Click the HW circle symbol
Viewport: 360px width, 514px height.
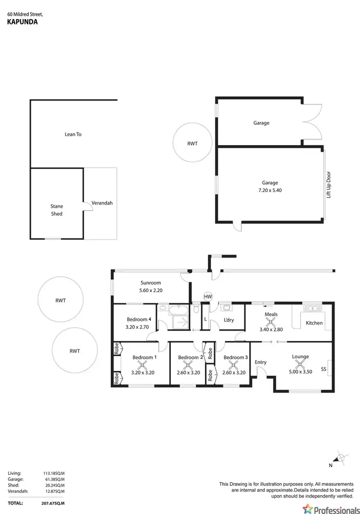click(x=208, y=297)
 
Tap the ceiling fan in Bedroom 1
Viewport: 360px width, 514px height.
click(x=142, y=366)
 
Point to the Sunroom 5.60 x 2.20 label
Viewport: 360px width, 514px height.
click(x=150, y=287)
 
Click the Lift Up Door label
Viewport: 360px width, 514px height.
click(x=329, y=184)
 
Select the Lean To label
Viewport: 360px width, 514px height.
click(x=73, y=135)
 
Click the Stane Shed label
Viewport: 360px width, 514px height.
click(x=57, y=210)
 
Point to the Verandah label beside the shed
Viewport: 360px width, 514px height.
click(x=102, y=203)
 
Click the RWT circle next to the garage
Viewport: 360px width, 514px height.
click(x=192, y=143)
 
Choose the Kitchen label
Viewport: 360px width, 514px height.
click(x=314, y=323)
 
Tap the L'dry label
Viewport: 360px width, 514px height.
click(x=228, y=320)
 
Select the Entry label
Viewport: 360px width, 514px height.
click(x=260, y=362)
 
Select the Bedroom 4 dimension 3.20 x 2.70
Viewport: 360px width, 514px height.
click(x=139, y=328)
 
